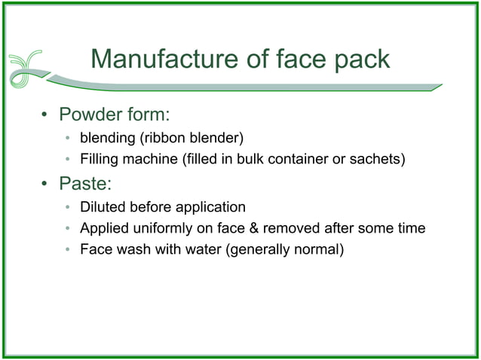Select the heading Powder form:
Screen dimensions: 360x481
(x=115, y=116)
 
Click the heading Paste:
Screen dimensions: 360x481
(x=85, y=183)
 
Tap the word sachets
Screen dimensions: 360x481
(x=380, y=159)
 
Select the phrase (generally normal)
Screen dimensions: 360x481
(x=285, y=249)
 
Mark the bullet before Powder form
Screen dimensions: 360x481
(x=44, y=117)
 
